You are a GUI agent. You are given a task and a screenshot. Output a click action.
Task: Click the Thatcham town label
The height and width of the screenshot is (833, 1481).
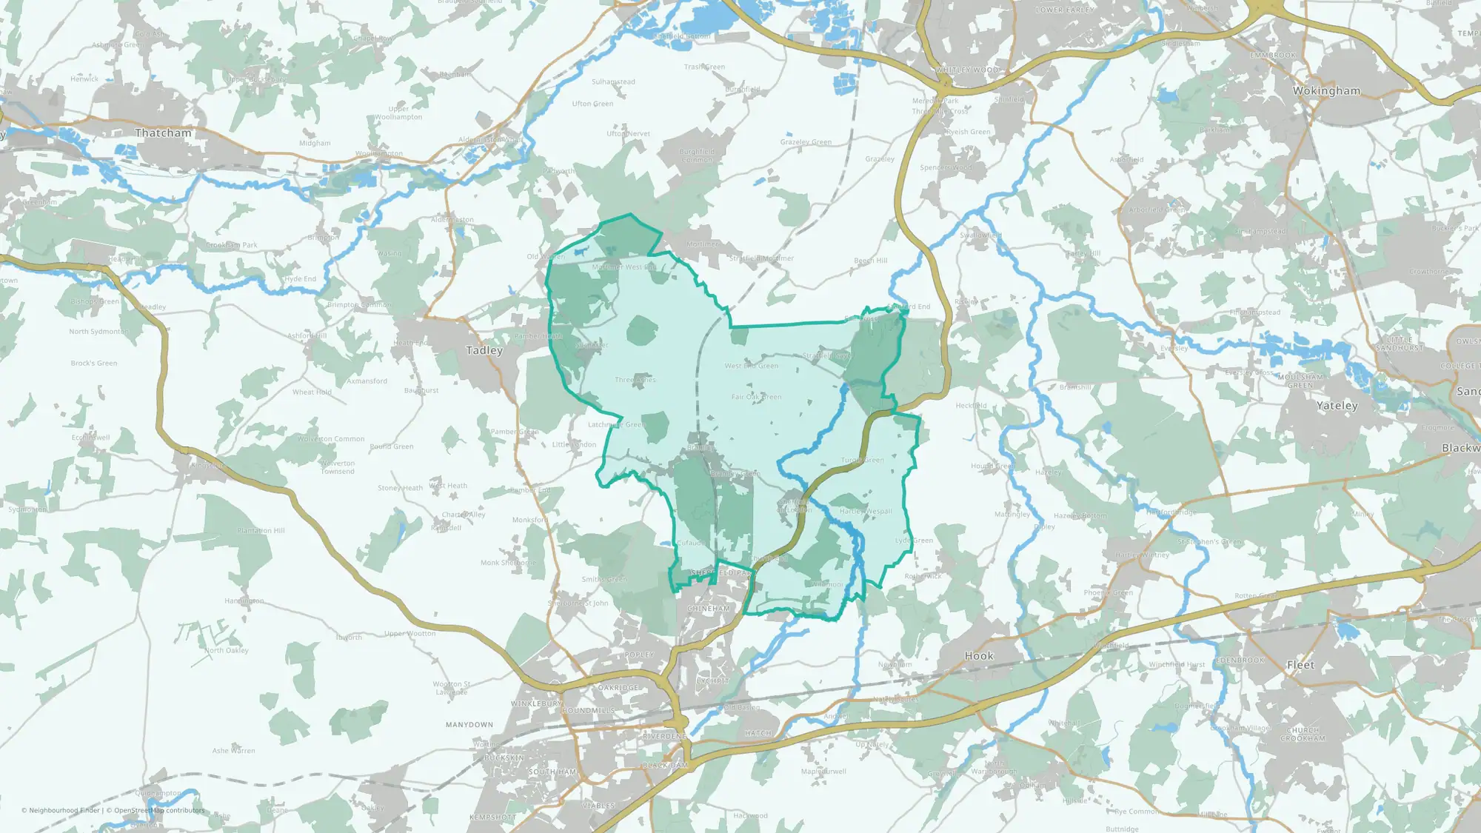163,133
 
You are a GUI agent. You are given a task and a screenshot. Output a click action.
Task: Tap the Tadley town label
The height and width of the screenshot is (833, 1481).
484,350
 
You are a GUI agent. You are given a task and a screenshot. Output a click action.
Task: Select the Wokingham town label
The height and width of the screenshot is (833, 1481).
1326,91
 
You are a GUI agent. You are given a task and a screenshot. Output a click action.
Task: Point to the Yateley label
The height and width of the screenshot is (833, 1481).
1337,406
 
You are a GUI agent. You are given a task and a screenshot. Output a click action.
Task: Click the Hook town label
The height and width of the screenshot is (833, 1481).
979,656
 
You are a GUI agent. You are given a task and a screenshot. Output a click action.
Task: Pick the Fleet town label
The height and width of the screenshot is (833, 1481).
1300,665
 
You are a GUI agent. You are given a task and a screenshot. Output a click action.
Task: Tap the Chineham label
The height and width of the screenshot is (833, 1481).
709,609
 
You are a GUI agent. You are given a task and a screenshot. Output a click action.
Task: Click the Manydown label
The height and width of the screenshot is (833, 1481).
469,725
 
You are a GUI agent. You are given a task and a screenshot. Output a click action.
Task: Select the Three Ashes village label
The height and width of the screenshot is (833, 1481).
635,380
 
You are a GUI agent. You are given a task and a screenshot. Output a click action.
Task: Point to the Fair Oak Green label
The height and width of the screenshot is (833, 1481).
756,397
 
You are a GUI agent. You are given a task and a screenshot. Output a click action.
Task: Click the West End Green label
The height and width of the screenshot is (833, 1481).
751,366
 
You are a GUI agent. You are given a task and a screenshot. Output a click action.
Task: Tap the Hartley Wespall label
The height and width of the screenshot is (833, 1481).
866,512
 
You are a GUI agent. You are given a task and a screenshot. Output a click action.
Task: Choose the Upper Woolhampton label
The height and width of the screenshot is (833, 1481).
398,113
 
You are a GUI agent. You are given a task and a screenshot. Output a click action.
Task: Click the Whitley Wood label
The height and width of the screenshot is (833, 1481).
966,70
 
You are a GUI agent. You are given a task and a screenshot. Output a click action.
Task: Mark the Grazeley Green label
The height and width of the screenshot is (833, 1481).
806,142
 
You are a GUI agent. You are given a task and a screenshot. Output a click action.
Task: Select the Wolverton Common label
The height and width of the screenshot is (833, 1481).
331,439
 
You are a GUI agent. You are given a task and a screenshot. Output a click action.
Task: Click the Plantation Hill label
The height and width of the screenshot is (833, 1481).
261,531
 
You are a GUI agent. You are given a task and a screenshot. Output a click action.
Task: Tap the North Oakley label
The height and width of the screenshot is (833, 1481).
227,651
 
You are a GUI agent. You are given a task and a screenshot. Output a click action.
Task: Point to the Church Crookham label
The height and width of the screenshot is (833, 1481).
1303,735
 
